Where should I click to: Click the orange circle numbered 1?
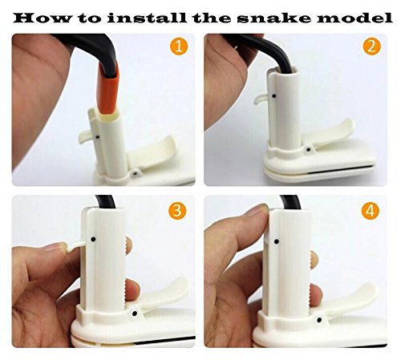pos(179,46)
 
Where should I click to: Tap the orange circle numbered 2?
pos(371,46)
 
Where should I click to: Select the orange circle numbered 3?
pos(177,211)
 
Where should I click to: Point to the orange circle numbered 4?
pos(370,211)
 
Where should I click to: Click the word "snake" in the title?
pos(274,18)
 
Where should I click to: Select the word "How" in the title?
pos(43,18)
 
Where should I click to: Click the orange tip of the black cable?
pos(108,88)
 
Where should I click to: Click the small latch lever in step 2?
pos(261,99)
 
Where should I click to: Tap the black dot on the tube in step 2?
pos(274,95)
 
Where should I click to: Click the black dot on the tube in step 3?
pos(93,239)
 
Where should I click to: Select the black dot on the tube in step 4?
pos(277,242)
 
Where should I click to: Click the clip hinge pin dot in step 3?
pos(135,313)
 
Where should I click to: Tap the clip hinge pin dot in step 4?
pos(319,320)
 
